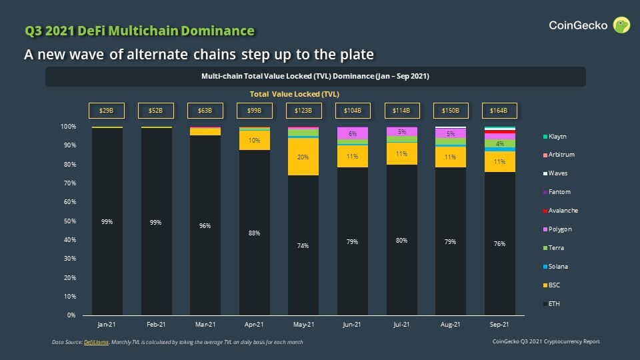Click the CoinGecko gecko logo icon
pyautogui.click(x=621, y=25)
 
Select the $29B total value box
pyautogui.click(x=107, y=111)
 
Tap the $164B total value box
pyautogui.click(x=499, y=111)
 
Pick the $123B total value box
pyautogui.click(x=303, y=111)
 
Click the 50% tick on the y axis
pyautogui.click(x=69, y=221)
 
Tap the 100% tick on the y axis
pyautogui.click(x=68, y=126)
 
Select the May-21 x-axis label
pyautogui.click(x=303, y=325)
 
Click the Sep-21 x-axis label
pyautogui.click(x=499, y=325)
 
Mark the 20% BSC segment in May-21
pyautogui.click(x=303, y=157)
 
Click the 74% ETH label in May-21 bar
pyautogui.click(x=303, y=246)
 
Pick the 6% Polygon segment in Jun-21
pyautogui.click(x=353, y=133)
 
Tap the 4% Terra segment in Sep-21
pyautogui.click(x=499, y=144)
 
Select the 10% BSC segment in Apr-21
pyautogui.click(x=254, y=141)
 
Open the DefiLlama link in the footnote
pyautogui.click(x=93, y=342)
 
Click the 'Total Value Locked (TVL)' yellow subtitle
pyautogui.click(x=294, y=94)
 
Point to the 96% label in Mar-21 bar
pyautogui.click(x=205, y=226)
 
